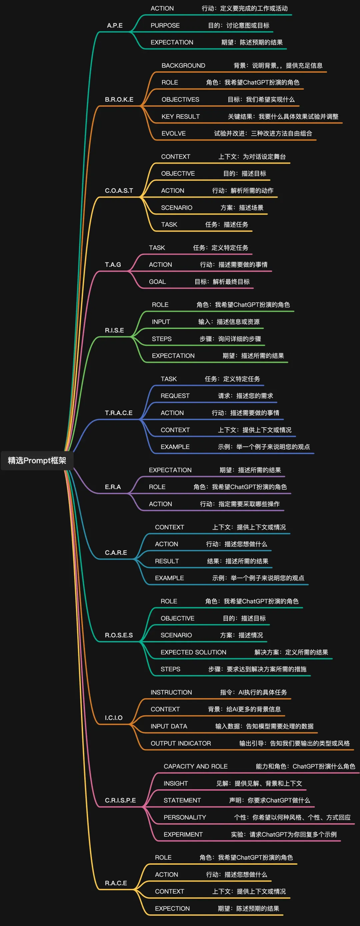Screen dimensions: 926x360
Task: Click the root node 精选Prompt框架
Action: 37,460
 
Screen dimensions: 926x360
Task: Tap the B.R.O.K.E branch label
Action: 119,100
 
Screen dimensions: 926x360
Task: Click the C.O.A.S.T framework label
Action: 119,191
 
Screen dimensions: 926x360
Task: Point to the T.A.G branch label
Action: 113,265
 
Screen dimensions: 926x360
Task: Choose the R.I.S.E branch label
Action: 114,330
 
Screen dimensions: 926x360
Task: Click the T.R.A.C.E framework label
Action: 119,413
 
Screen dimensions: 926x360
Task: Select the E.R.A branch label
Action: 113,487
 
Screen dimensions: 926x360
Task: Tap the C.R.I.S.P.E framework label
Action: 120,800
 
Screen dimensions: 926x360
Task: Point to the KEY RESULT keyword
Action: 181,116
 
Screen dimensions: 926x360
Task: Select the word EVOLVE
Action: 174,133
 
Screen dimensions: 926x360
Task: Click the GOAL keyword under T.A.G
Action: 158,281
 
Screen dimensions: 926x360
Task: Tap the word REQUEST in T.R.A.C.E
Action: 175,396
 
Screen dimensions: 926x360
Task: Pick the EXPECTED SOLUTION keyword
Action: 193,652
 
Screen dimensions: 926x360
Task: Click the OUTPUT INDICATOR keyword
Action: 181,743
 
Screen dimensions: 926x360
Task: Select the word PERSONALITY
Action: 185,817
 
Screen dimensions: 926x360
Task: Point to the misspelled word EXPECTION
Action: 172,908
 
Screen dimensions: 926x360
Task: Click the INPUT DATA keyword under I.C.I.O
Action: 169,726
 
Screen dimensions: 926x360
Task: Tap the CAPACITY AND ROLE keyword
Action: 196,766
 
